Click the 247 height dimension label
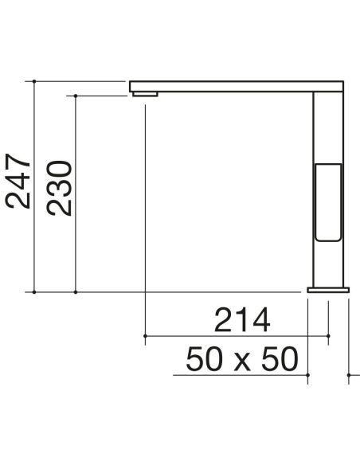click(18, 181)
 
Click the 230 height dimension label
click(59, 188)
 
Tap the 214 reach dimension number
click(242, 320)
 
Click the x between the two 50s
click(242, 363)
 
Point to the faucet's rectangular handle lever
click(328, 202)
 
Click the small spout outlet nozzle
click(145, 94)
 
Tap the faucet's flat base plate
click(328, 290)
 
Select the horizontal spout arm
click(237, 86)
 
